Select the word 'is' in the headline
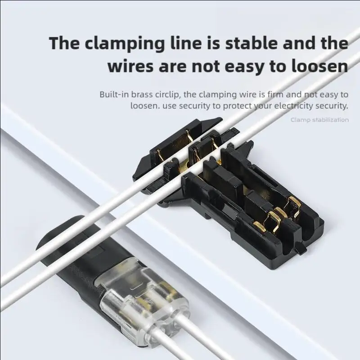(209, 44)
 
